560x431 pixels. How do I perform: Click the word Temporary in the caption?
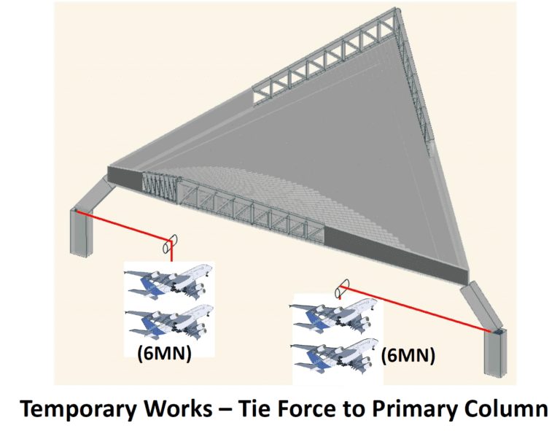tap(78, 410)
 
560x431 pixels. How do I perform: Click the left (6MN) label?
tap(165, 354)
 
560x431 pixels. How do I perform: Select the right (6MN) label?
tap(408, 356)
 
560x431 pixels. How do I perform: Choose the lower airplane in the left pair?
tap(168, 321)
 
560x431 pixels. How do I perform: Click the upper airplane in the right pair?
tap(334, 314)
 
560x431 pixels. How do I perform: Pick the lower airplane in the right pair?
tap(334, 354)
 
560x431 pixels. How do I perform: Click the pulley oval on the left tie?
tap(170, 244)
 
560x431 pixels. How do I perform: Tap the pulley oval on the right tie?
tap(342, 289)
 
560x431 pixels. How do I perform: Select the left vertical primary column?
tap(81, 232)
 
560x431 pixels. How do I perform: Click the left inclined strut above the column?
tap(94, 194)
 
